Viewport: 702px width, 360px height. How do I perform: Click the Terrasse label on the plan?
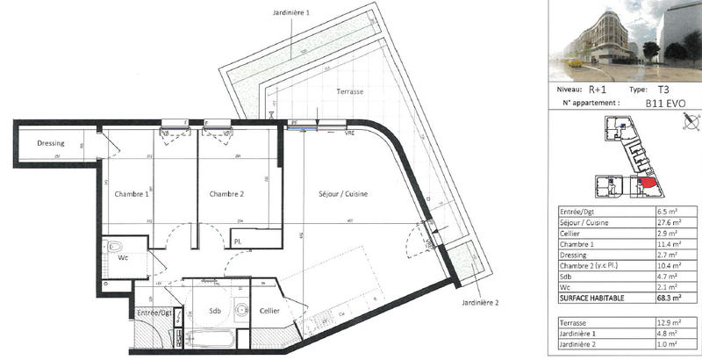pos(348,92)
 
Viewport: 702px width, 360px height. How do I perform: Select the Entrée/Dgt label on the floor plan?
pos(154,312)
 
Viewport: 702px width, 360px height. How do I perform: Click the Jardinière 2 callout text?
pos(478,303)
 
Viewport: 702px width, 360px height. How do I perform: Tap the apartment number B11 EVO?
pos(665,103)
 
